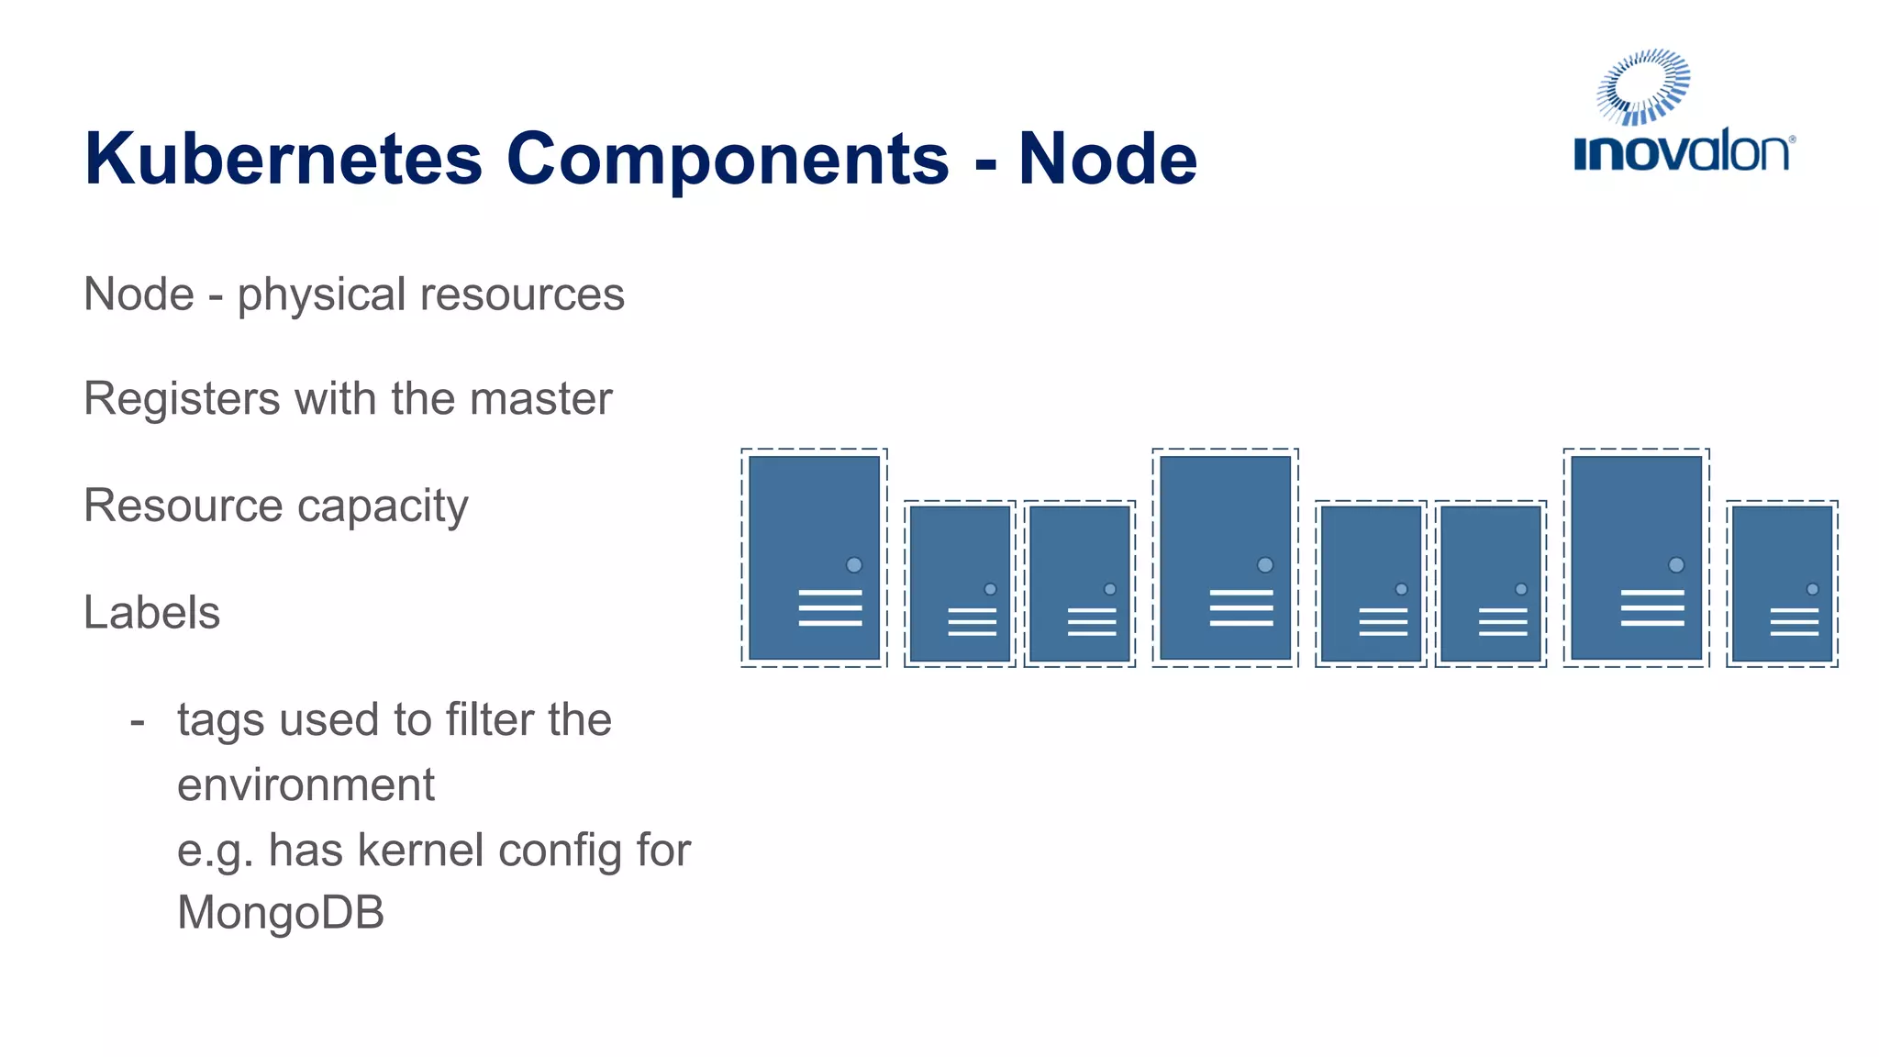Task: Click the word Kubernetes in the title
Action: (x=283, y=159)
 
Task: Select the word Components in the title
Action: (x=727, y=159)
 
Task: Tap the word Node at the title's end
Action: (x=1107, y=159)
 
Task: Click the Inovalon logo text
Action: (x=1683, y=152)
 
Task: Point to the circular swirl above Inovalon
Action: (x=1643, y=86)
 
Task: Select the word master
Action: (x=540, y=399)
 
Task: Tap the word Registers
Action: (x=182, y=399)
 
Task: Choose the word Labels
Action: (x=151, y=612)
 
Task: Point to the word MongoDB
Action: (x=281, y=912)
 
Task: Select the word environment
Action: (x=306, y=785)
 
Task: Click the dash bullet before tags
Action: (x=138, y=721)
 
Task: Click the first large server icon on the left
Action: (x=814, y=557)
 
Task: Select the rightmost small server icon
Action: (x=1782, y=584)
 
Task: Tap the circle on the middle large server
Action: (x=1265, y=565)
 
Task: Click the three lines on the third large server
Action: (x=1652, y=608)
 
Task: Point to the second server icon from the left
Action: (x=960, y=584)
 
